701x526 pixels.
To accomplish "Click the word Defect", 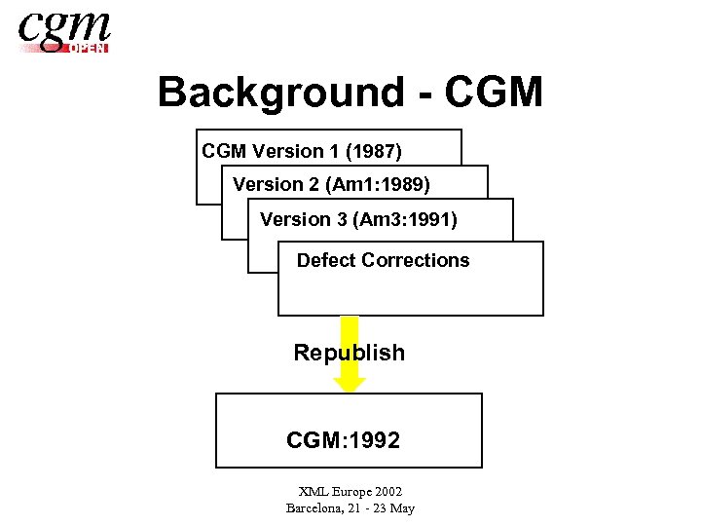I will tap(326, 260).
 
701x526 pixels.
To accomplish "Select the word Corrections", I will tap(416, 260).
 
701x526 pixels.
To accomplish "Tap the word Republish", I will tap(349, 353).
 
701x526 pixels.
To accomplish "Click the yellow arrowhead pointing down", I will tap(350, 383).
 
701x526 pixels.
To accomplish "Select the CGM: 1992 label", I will tap(343, 441).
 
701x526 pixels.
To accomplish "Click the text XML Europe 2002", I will tap(350, 493).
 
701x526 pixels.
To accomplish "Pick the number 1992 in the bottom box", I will tap(371, 441).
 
